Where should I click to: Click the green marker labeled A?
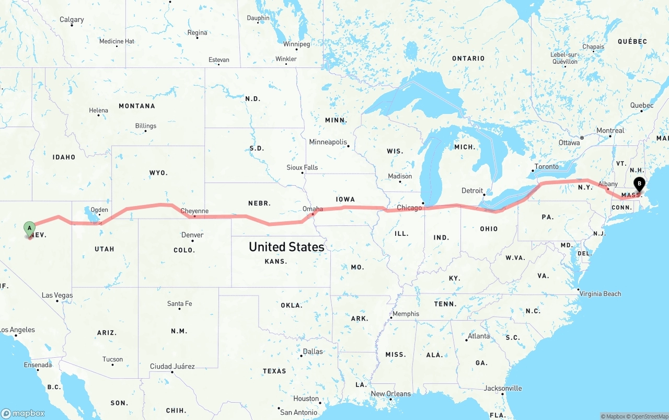pos(30,228)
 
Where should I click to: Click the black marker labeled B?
pos(639,184)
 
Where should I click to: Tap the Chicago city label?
pos(409,208)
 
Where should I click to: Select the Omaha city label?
pos(313,209)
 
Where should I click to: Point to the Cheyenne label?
pos(194,211)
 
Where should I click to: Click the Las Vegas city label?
pos(57,296)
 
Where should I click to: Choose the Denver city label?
pos(192,235)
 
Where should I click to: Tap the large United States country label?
pos(286,246)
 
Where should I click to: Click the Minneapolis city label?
pos(328,142)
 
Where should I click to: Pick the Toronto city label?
pos(546,167)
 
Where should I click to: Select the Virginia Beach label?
pos(600,294)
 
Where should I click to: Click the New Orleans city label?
pos(391,394)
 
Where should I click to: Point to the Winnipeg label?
pos(296,44)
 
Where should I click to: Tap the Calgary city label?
pos(72,20)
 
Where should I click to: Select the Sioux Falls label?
pos(302,168)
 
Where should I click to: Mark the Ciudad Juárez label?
pos(172,367)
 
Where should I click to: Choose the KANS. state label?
pos(275,261)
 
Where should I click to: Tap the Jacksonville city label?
pos(503,389)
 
